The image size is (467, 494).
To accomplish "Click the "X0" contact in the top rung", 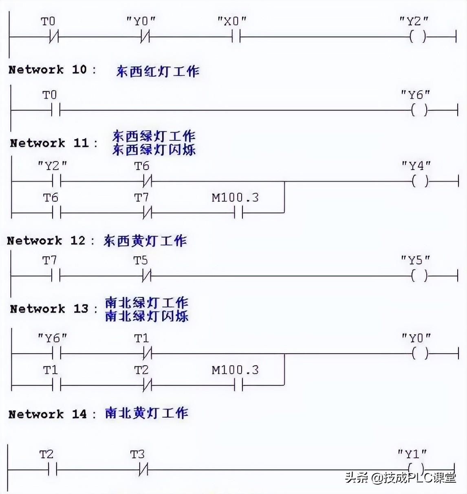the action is [236, 37].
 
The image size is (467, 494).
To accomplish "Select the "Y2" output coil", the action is [418, 37].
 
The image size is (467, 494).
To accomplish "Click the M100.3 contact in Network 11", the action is [238, 212].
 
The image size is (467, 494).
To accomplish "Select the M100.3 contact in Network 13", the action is [238, 385].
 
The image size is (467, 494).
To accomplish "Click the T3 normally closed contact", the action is [143, 470].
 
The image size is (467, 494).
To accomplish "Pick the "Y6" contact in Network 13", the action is [56, 354].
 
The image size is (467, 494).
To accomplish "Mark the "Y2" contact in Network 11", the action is [56, 181].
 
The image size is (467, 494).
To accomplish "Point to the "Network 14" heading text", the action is [48, 414].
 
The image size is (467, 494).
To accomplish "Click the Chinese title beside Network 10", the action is [158, 71].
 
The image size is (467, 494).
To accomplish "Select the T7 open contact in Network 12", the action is [56, 276].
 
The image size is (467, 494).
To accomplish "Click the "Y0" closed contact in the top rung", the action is [145, 37].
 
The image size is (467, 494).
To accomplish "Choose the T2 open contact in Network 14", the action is [52, 470].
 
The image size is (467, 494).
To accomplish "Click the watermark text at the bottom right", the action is [401, 477].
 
